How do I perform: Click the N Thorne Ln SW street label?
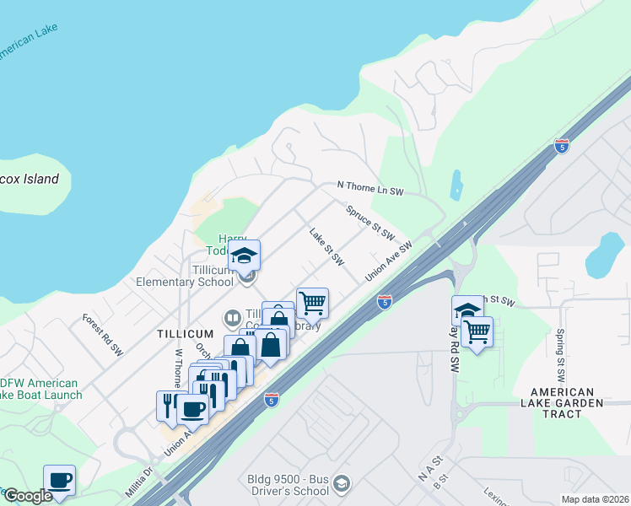point(370,188)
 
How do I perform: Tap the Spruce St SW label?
point(370,220)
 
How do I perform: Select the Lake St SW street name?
point(326,247)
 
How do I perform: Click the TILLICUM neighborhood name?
point(186,334)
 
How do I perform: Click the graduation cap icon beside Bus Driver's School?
point(341,483)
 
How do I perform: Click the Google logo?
point(28,496)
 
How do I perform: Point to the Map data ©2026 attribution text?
point(595,499)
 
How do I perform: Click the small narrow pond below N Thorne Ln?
point(457,186)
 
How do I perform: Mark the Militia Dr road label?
point(141,482)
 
